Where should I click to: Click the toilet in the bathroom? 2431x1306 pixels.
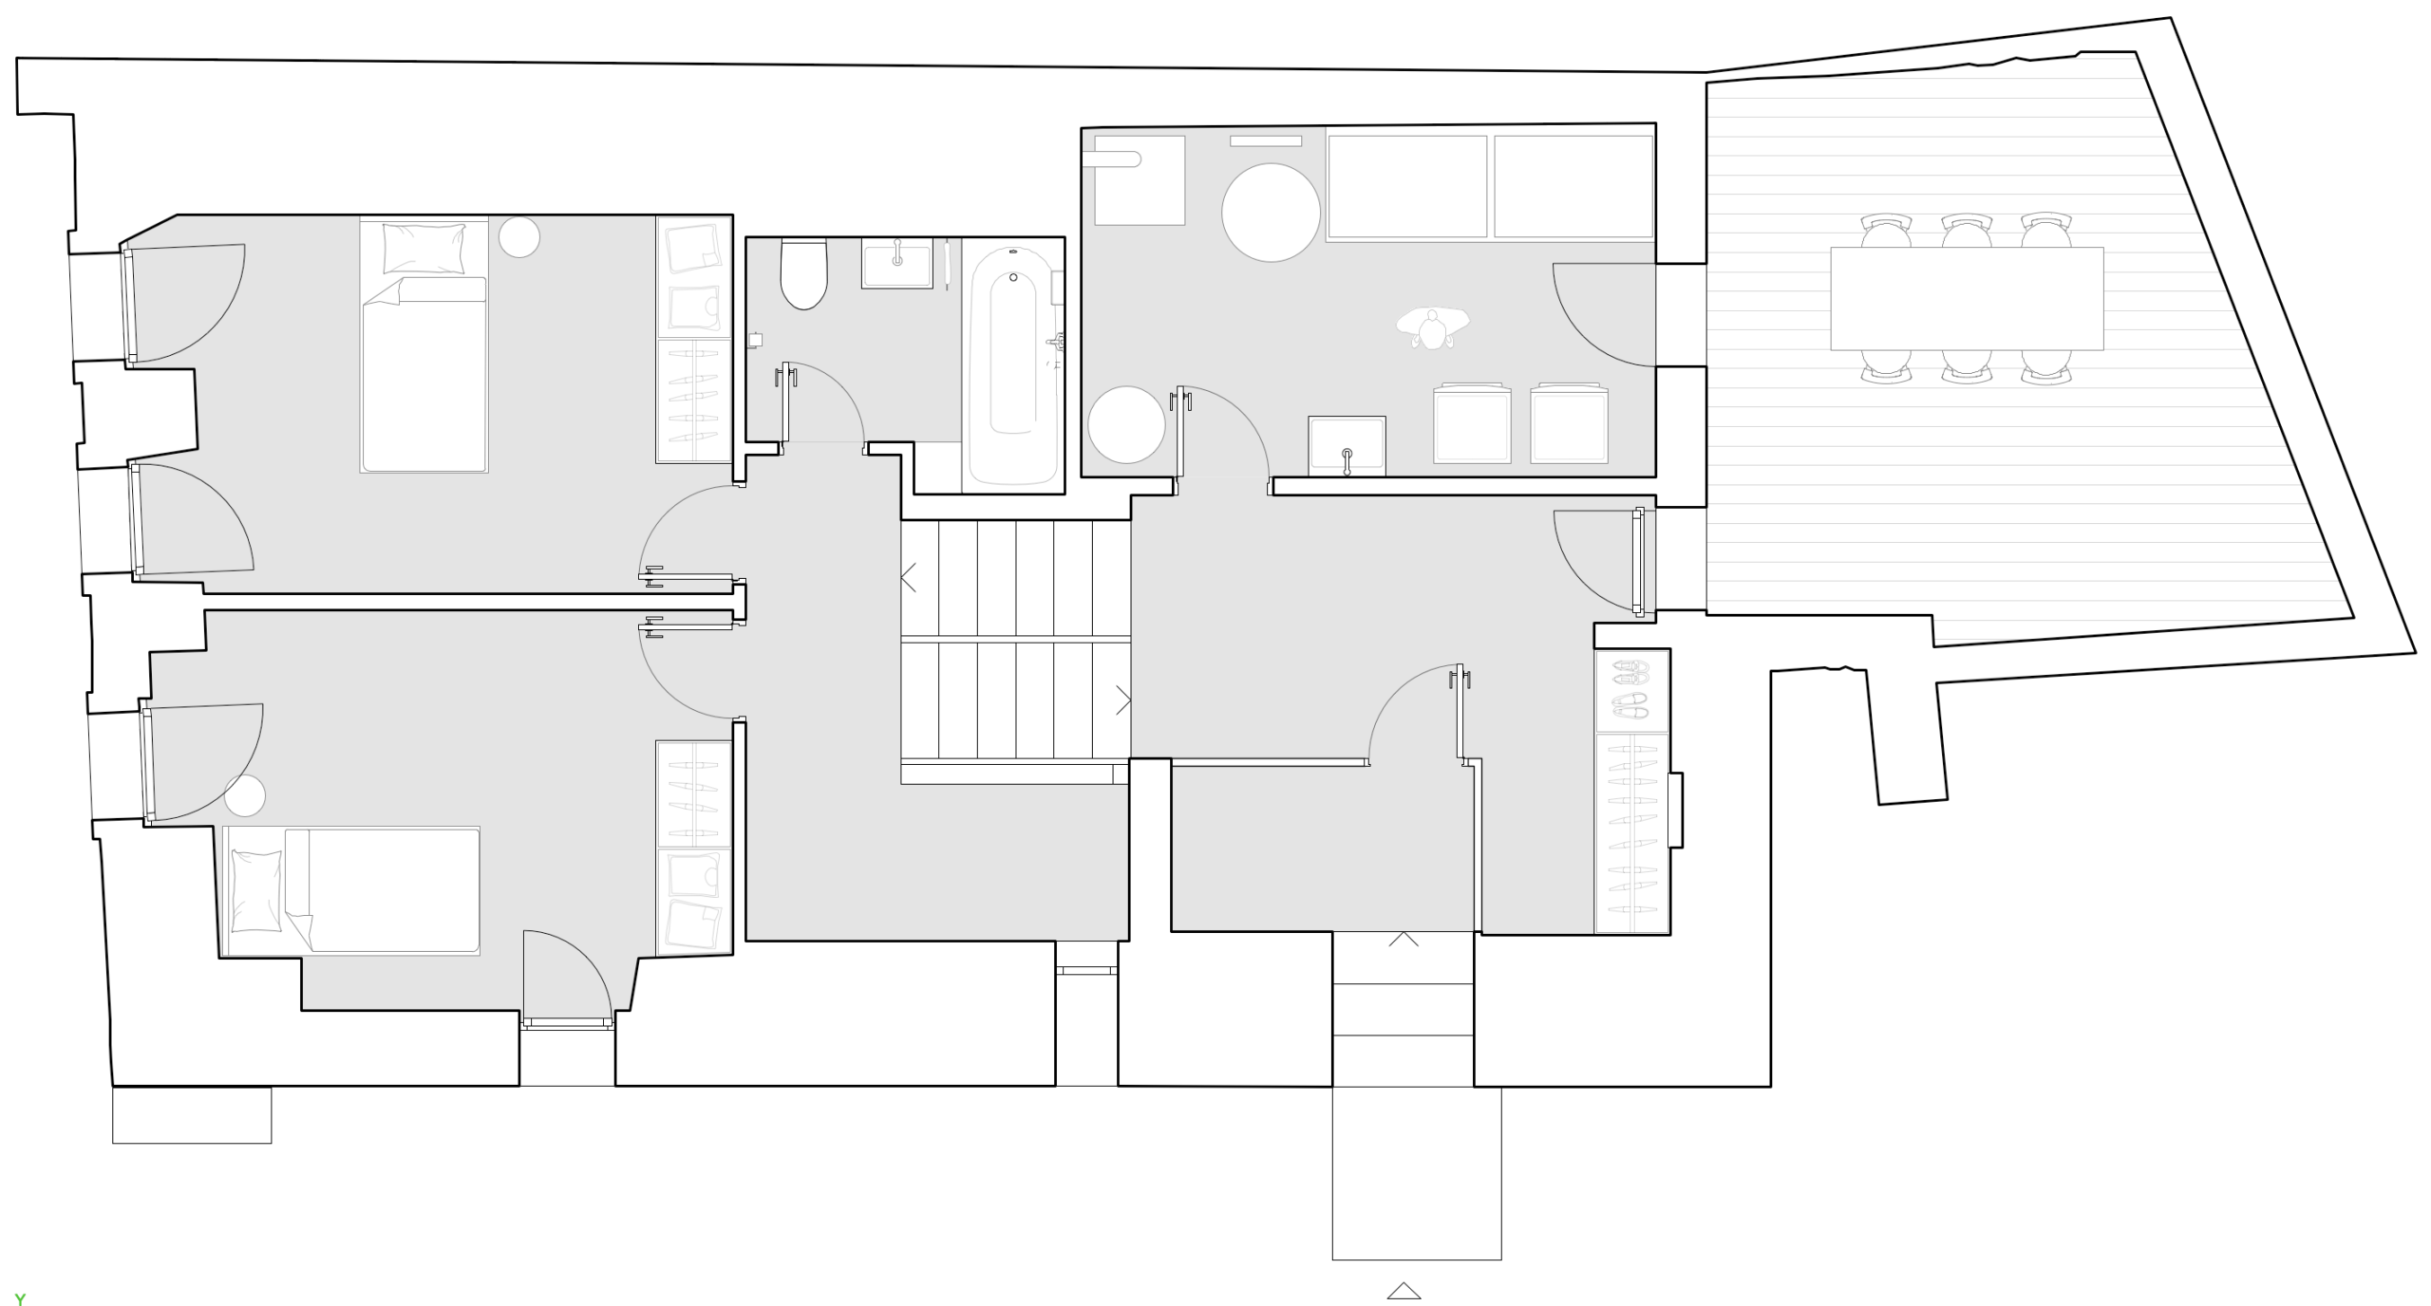[x=803, y=274]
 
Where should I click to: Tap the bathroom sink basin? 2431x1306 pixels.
[x=897, y=263]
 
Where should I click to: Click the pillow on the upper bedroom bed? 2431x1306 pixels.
[x=424, y=248]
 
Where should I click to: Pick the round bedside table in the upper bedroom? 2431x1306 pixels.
[x=519, y=237]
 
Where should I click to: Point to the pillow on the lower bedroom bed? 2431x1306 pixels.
[x=256, y=890]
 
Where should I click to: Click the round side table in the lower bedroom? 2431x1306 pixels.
[x=245, y=795]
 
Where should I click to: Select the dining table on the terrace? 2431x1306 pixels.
[x=1967, y=298]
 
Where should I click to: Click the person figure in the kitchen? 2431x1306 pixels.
[x=1433, y=327]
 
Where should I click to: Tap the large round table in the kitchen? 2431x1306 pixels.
[x=1271, y=213]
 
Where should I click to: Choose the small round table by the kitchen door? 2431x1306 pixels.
[x=1126, y=424]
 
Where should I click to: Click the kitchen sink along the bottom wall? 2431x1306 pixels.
[x=1347, y=445]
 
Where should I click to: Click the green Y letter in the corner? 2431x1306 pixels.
[x=20, y=1299]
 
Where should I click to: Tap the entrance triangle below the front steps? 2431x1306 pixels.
[x=1404, y=1291]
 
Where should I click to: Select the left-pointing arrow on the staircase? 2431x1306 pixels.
[x=908, y=577]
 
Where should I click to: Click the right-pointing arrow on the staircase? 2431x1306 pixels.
[x=1123, y=700]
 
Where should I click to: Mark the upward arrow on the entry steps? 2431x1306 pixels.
[x=1404, y=939]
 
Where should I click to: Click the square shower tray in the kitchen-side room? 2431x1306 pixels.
[x=1140, y=180]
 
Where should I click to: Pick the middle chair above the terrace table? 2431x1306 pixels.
[x=1967, y=231]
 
